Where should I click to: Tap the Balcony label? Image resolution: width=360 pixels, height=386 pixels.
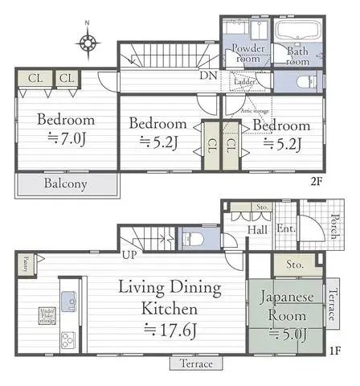[x=66, y=183]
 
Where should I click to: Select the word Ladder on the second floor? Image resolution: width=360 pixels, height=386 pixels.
[x=244, y=82]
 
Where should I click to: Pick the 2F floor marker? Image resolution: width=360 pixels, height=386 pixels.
[x=316, y=180]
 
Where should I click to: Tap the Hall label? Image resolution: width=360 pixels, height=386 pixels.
[x=258, y=229]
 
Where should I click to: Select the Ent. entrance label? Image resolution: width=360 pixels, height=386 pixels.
[x=285, y=229]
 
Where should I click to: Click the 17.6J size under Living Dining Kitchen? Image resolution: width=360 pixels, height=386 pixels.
[x=172, y=328]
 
